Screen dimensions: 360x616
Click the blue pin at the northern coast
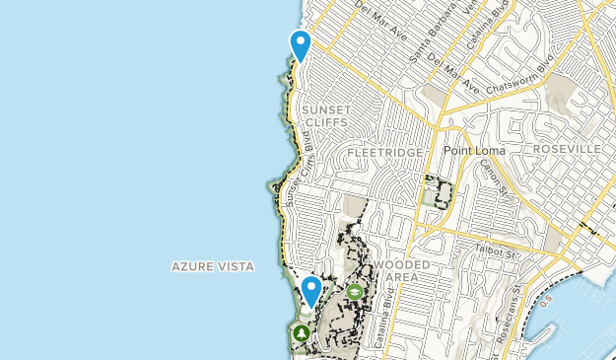point(300,44)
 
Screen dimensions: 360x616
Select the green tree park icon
point(300,333)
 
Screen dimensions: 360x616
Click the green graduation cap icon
point(354,292)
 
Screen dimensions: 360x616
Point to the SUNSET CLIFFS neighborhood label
point(325,115)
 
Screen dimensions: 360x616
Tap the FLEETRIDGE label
point(385,154)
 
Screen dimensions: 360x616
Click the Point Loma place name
point(473,150)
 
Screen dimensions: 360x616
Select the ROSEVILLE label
point(567,147)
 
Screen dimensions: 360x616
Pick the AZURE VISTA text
point(213,266)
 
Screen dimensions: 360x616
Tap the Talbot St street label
point(495,252)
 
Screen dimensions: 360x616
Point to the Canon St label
point(492,177)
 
